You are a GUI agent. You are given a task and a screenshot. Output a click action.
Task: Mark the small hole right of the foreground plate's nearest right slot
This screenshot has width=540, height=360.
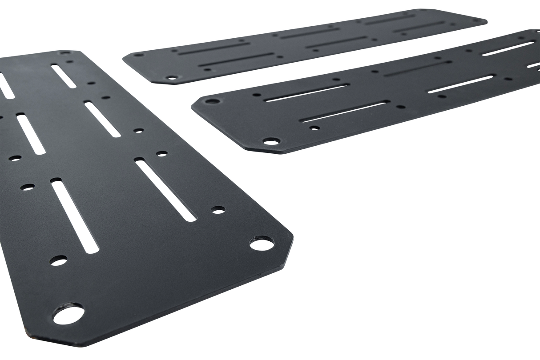(218, 209)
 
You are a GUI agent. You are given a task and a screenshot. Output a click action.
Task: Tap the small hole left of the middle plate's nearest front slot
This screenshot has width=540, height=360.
(314, 128)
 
